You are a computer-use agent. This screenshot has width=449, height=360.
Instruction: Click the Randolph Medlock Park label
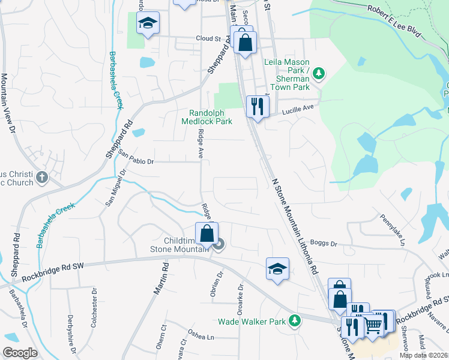tap(206, 117)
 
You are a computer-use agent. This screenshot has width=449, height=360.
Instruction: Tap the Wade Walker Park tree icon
tap(294, 322)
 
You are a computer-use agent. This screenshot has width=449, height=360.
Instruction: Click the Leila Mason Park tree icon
tap(319, 74)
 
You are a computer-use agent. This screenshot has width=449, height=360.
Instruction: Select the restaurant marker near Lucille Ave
tap(258, 107)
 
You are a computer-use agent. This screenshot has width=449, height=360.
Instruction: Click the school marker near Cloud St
tap(147, 23)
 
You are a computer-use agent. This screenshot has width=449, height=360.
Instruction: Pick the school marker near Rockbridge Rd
tap(277, 269)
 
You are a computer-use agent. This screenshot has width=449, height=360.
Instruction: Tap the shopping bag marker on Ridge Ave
tap(206, 233)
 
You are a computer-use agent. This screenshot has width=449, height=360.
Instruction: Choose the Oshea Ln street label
tap(201, 337)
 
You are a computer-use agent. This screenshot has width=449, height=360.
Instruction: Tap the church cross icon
tap(41, 178)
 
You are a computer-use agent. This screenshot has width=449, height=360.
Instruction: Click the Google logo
tap(20, 353)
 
